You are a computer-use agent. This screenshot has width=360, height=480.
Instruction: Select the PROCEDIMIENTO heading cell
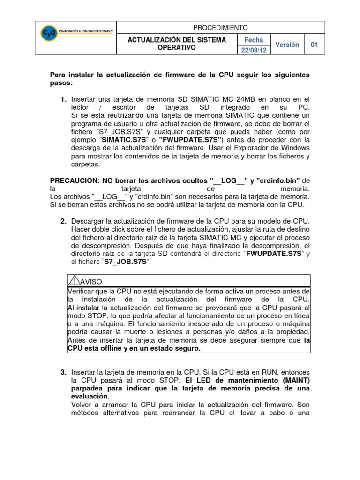point(220,28)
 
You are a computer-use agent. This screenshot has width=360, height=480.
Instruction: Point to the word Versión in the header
point(287,45)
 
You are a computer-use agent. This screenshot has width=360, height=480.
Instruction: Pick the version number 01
point(315,45)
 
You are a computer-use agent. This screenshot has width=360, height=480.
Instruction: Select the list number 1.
point(63,99)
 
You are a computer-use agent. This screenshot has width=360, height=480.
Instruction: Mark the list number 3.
point(63,372)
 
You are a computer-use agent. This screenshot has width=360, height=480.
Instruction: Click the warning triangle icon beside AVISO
point(74,280)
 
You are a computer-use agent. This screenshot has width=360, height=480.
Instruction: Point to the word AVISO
point(92,282)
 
